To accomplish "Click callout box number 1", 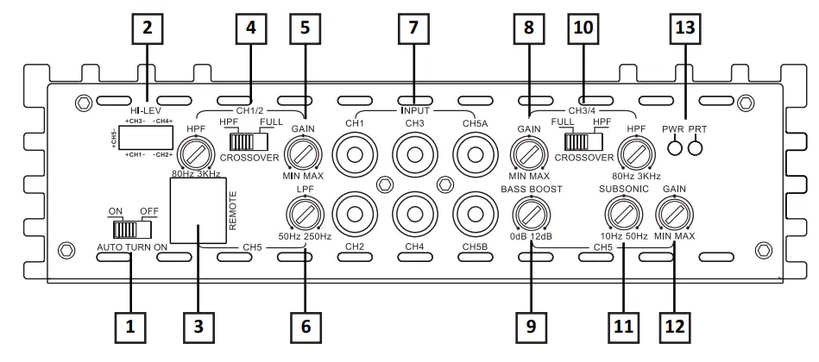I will [130, 328].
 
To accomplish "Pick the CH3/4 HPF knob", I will [636, 153].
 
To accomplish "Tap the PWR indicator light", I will [671, 147].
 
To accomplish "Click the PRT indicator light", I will [695, 147].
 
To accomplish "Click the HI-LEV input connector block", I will [148, 138].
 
